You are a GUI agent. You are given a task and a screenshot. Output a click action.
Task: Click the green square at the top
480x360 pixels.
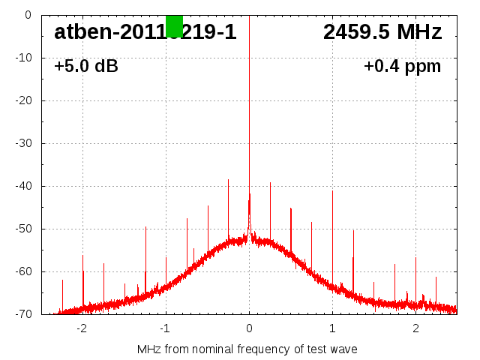pos(174,25)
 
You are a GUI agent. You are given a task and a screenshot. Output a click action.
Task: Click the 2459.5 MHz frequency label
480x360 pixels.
pos(382,32)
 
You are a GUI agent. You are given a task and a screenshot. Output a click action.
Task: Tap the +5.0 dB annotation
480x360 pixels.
pos(86,67)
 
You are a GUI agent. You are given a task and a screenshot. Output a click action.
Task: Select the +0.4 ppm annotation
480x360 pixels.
pos(403,67)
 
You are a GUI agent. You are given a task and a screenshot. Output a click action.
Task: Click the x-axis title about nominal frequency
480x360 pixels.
pos(247,349)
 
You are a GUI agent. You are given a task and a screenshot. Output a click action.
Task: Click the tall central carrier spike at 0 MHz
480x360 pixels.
pos(249,112)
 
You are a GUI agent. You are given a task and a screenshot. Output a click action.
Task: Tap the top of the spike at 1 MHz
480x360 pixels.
pos(332,190)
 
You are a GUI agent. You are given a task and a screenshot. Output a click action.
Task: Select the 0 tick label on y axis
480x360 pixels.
pos(28,15)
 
